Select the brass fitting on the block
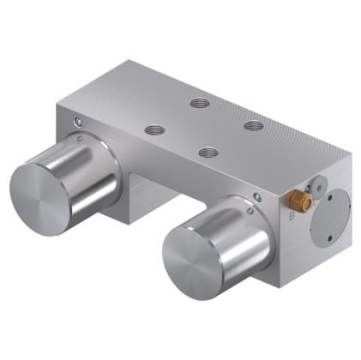click(x=302, y=203)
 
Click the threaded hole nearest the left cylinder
click(x=155, y=130)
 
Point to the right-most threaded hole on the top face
click(x=253, y=125)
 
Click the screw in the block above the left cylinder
click(x=80, y=121)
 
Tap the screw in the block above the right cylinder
click(x=257, y=197)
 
